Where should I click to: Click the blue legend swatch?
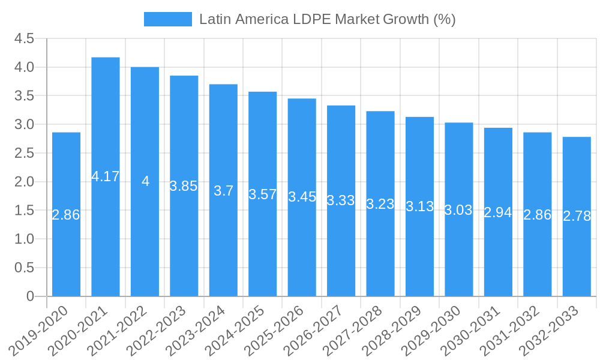click(x=167, y=19)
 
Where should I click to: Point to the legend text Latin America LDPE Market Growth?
click(x=327, y=19)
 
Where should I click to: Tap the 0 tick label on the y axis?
click(x=30, y=296)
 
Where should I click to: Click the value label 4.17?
click(x=106, y=176)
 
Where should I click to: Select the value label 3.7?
click(x=223, y=191)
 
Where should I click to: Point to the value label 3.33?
click(x=341, y=200)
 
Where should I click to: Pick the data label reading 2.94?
click(x=498, y=212)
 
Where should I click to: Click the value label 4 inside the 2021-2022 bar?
click(x=145, y=181)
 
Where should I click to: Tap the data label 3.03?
click(x=458, y=210)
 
